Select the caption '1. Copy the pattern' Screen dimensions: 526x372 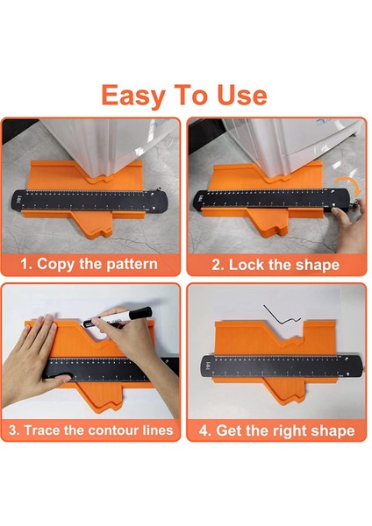(x=90, y=264)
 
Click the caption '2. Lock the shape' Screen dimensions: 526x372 (x=277, y=264)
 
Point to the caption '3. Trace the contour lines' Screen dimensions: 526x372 (x=90, y=430)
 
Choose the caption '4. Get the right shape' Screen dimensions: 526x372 (x=277, y=430)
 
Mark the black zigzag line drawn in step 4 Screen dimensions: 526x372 (x=283, y=316)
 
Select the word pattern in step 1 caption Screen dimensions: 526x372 (x=132, y=264)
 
